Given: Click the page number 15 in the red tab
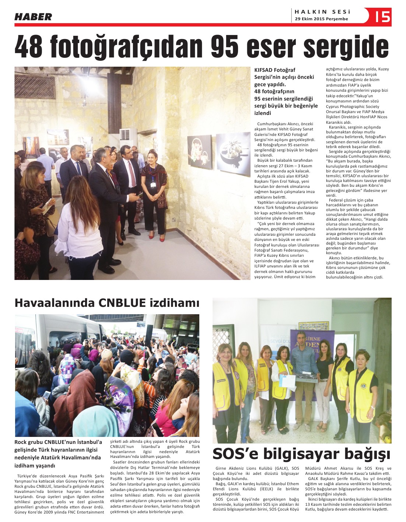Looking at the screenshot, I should click(x=383, y=17).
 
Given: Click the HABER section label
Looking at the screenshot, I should click(x=33, y=17).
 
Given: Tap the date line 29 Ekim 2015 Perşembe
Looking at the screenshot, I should click(x=321, y=19).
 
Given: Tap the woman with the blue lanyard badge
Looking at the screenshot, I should click(x=154, y=193).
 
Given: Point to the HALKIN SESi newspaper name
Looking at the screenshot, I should click(x=322, y=12).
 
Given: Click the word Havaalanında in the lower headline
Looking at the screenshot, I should click(x=54, y=303).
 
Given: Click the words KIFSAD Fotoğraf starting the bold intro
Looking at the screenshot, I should click(x=274, y=70).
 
